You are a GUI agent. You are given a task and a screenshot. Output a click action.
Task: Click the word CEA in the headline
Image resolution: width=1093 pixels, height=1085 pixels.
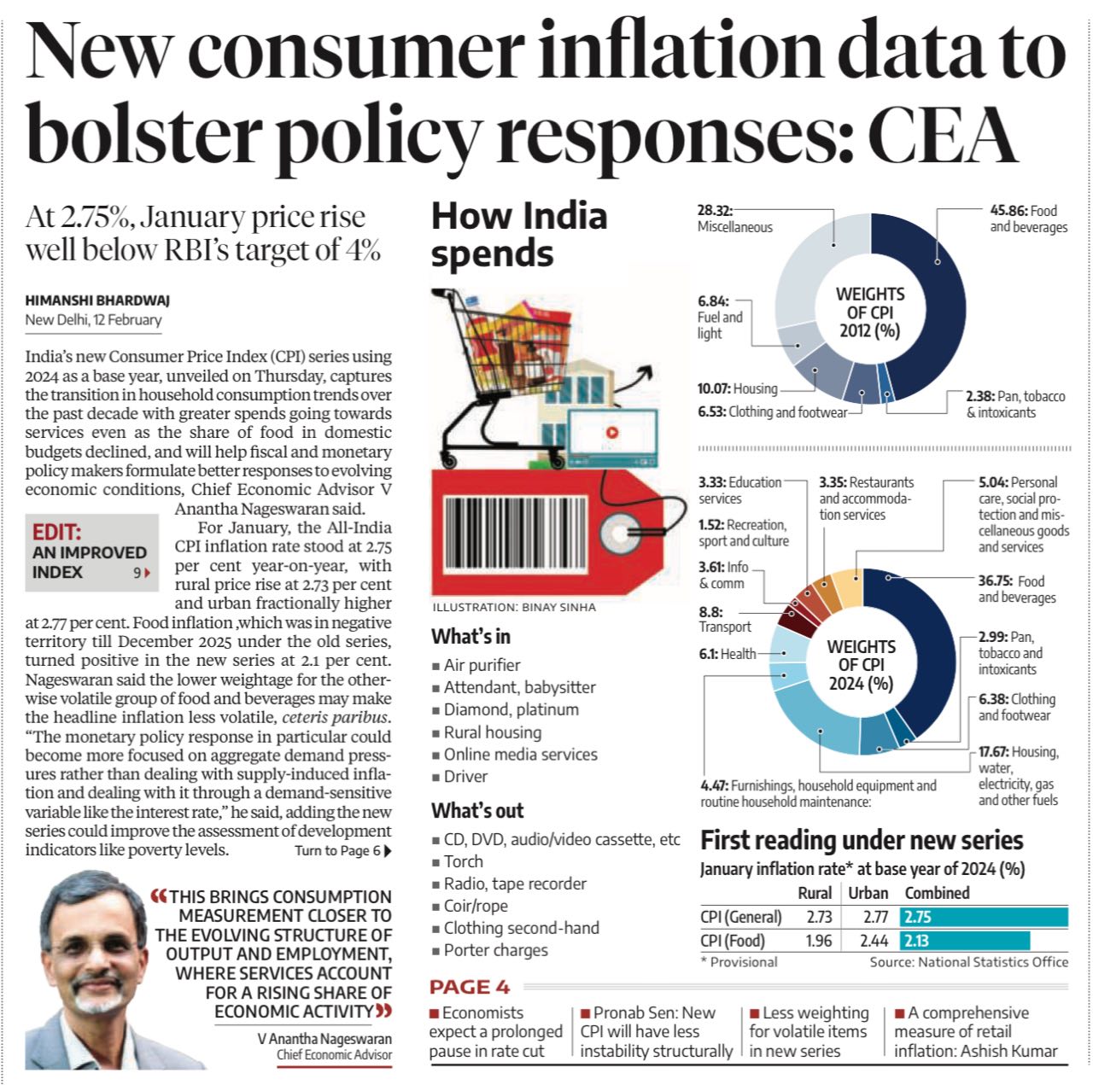click(943, 133)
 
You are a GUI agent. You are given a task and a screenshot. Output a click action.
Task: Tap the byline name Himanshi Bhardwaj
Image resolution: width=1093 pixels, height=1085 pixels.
click(97, 300)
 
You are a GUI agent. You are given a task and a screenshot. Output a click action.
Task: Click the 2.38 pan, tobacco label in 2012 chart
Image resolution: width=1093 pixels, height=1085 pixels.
click(1015, 404)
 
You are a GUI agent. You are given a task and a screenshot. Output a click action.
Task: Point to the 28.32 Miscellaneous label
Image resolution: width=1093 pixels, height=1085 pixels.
click(734, 219)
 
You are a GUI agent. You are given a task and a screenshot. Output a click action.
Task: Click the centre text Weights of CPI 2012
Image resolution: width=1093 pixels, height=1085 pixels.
click(869, 312)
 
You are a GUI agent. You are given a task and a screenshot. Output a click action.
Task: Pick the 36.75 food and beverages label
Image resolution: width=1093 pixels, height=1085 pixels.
click(1016, 589)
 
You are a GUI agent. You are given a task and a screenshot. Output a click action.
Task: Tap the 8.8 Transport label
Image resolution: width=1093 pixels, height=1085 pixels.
click(724, 619)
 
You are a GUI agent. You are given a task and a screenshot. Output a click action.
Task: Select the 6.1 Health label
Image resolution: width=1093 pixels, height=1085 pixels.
click(727, 654)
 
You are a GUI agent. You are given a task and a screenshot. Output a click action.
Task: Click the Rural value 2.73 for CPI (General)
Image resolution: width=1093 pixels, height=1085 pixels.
click(818, 917)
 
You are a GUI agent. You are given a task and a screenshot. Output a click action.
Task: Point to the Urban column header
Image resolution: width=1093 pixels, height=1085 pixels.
click(868, 893)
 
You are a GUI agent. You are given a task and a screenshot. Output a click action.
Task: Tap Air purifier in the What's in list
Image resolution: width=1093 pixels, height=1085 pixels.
click(482, 665)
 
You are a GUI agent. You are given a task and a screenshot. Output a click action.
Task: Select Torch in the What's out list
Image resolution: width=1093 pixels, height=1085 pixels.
click(463, 861)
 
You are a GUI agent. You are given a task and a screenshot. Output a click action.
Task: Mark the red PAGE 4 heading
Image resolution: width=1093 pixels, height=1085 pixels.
click(469, 987)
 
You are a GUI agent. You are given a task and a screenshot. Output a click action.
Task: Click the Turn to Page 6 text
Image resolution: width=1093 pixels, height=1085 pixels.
click(342, 850)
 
